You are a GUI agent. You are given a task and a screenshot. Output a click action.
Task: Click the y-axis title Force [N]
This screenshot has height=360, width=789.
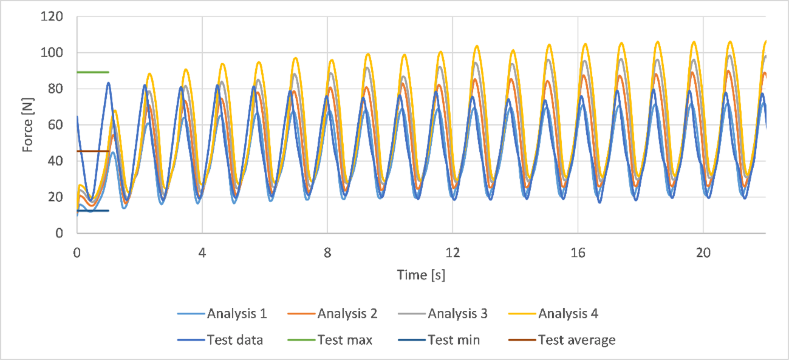[x=29, y=125]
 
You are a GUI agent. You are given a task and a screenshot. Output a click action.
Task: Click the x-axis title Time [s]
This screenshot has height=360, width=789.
[x=421, y=275]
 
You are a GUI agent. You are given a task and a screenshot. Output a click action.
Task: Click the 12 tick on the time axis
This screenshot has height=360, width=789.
[x=453, y=251]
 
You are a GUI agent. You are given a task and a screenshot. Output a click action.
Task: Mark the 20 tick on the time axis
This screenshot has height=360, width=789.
[x=703, y=251]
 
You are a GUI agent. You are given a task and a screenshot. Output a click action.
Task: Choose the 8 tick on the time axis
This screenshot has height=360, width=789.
[x=327, y=251]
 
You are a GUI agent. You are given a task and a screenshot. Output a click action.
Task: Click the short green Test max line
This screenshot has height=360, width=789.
[x=92, y=72]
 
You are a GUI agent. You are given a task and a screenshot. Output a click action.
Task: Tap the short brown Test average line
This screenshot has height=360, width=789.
[x=92, y=151]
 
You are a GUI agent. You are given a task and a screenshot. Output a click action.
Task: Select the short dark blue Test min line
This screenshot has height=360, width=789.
[x=92, y=211]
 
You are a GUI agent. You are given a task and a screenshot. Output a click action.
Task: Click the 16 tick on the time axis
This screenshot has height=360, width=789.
[x=578, y=251]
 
